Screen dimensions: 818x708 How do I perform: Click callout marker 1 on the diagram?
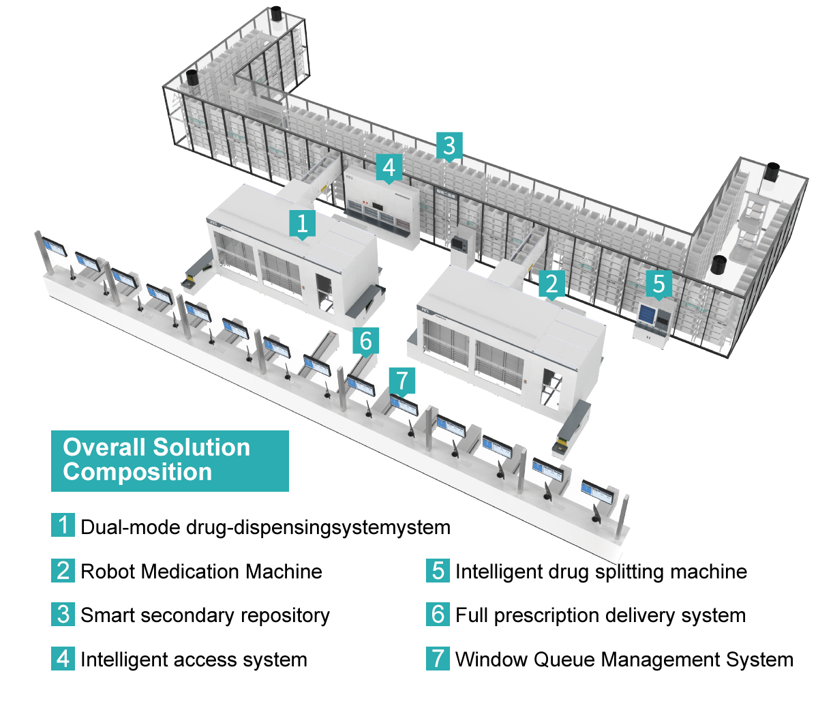[303, 224]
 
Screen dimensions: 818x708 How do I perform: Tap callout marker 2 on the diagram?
[551, 284]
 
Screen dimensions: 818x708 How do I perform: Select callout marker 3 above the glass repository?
[449, 146]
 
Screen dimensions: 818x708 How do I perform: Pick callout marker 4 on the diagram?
[389, 168]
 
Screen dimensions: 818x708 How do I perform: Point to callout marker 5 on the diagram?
[659, 284]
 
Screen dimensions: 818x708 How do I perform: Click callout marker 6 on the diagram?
[365, 341]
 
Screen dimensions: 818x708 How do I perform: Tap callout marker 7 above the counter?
[402, 381]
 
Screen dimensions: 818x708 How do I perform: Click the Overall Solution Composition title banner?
[170, 461]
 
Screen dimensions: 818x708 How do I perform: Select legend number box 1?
[63, 525]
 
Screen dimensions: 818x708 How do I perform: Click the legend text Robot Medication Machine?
[202, 572]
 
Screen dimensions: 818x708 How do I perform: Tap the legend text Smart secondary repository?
[205, 616]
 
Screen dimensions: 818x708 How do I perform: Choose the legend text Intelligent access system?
[194, 660]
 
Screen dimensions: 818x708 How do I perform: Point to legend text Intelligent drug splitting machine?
[601, 572]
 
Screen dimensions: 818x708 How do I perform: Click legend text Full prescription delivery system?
[601, 616]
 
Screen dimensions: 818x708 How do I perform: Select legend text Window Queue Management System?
[624, 660]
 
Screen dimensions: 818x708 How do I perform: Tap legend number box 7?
[438, 658]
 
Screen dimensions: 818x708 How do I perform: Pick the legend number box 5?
[438, 571]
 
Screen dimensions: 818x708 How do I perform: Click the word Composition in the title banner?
[137, 472]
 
